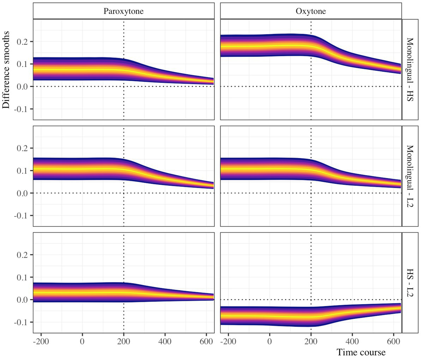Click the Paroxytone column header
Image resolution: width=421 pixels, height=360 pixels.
coord(123,11)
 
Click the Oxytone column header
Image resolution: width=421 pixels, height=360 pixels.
coord(311,11)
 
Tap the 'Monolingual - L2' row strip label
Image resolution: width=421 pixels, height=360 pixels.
coord(411,176)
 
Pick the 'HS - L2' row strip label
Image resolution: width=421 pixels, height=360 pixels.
coord(411,282)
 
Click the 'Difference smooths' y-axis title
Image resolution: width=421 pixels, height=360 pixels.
coord(7,69)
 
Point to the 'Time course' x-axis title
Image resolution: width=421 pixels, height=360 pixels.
coord(361,352)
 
